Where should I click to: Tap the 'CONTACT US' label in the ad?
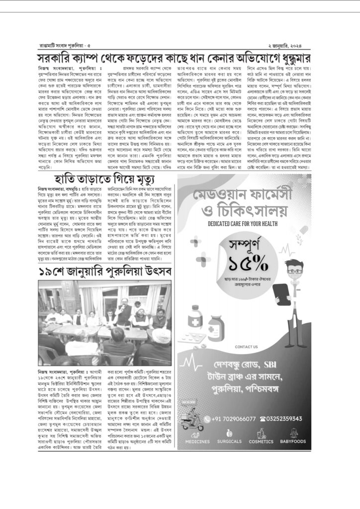tap(246, 346)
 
